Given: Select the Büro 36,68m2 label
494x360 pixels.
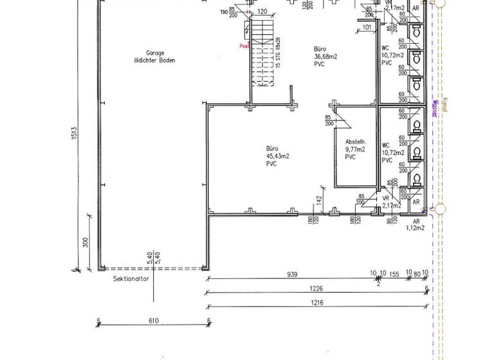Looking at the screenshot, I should pyautogui.click(x=326, y=57).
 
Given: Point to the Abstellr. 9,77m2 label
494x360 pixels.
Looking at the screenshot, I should pyautogui.click(x=355, y=149).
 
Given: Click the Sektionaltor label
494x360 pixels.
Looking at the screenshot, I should pyautogui.click(x=131, y=280).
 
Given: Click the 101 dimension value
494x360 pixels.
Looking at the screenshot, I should pyautogui.click(x=367, y=27).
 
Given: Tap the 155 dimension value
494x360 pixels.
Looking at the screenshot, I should pyautogui.click(x=395, y=274).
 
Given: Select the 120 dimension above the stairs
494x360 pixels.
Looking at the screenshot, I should pyautogui.click(x=262, y=12).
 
